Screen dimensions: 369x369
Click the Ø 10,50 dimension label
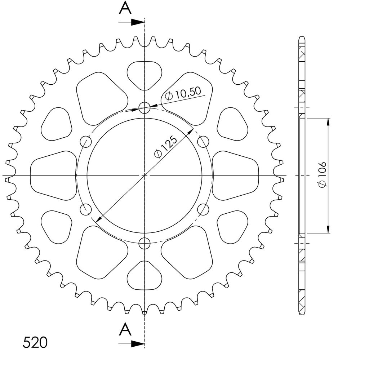[183, 93]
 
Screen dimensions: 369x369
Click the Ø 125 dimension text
[165, 146]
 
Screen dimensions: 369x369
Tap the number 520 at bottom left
[35, 342]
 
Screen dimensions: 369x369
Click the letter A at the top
[125, 9]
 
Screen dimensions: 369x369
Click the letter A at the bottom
[125, 329]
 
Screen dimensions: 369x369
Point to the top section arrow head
[137, 22]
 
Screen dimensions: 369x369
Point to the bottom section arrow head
[137, 344]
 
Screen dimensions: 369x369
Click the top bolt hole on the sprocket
[145, 108]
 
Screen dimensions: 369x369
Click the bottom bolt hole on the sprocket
[145, 243]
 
